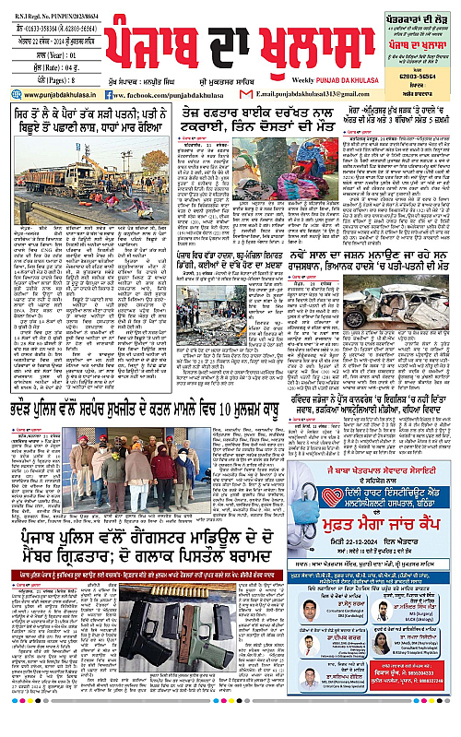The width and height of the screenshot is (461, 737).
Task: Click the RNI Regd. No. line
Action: [x=46, y=15]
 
